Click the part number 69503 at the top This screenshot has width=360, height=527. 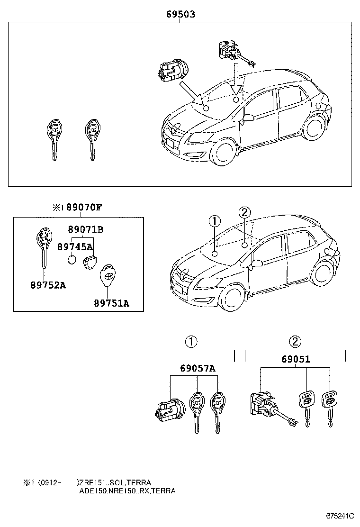pyautogui.click(x=180, y=15)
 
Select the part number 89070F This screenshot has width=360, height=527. pyautogui.click(x=84, y=207)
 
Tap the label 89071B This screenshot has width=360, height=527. pyautogui.click(x=86, y=230)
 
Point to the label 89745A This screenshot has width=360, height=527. pyautogui.click(x=74, y=246)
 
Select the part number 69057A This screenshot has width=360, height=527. pyautogui.click(x=198, y=368)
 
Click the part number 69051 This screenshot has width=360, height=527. pyautogui.click(x=296, y=360)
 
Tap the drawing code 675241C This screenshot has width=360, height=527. pyautogui.click(x=340, y=516)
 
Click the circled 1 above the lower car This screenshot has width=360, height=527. pyautogui.click(x=215, y=221)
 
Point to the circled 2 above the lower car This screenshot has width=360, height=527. pyautogui.click(x=244, y=212)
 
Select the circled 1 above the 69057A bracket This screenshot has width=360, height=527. pyautogui.click(x=190, y=342)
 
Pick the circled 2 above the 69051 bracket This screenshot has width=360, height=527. pyautogui.click(x=295, y=342)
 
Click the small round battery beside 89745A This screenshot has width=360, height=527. pyautogui.click(x=72, y=260)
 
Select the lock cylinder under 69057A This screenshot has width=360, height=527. pyautogui.click(x=168, y=408)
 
